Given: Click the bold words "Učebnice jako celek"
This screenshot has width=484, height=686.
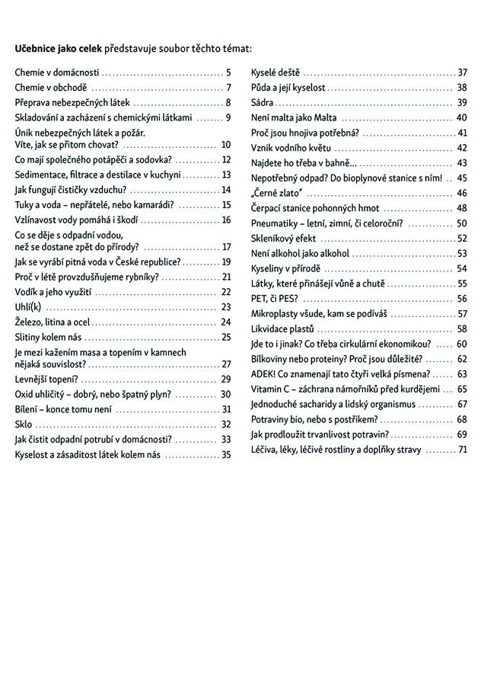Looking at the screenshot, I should point(58,48).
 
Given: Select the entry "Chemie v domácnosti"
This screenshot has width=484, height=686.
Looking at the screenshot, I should point(57,73).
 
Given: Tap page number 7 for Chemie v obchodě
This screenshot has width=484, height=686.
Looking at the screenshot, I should point(228,88).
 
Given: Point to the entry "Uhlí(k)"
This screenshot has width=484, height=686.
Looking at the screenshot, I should point(30,306).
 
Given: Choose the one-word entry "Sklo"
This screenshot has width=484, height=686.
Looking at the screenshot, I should point(24,425).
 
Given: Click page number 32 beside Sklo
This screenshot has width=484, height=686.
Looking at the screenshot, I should point(226,425).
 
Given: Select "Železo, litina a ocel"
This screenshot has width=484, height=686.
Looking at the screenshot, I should point(53,322).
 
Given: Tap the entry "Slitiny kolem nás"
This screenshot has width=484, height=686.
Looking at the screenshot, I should point(48,336).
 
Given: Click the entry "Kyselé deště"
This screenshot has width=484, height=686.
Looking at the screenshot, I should point(275,73).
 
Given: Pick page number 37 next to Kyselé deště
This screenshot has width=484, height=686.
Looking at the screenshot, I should point(462,73).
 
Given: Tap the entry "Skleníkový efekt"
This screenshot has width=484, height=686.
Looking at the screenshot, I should point(284,239).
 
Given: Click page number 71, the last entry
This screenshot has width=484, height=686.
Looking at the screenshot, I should point(462,450).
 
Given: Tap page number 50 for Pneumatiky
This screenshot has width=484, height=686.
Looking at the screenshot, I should point(462,223).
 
